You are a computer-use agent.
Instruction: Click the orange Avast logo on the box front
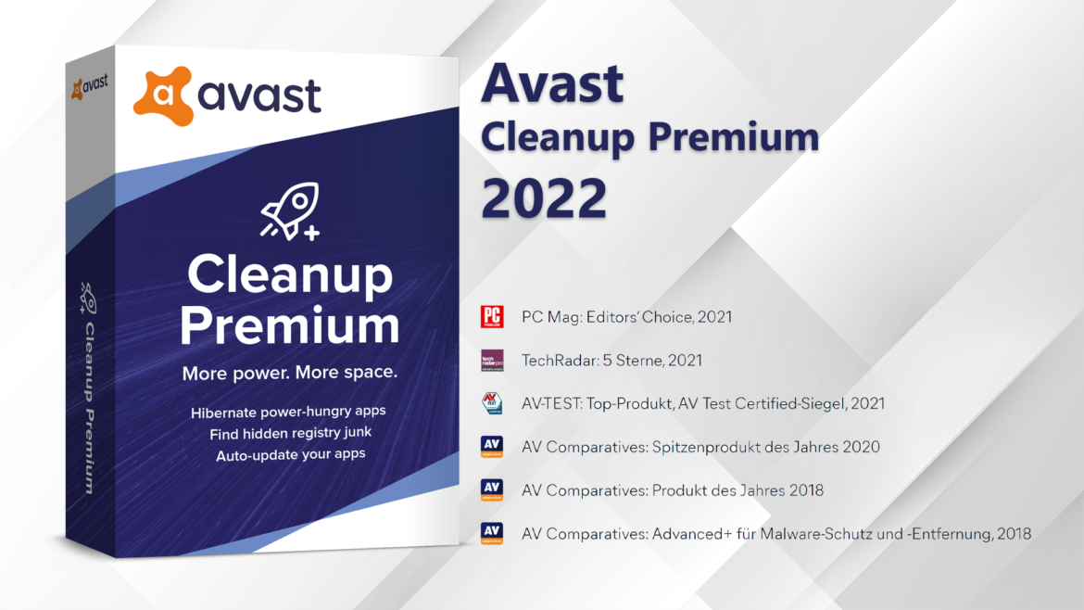coord(163,95)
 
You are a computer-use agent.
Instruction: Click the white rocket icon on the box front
coord(290,211)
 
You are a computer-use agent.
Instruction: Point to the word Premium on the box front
coord(290,325)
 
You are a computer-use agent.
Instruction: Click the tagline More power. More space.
coord(290,373)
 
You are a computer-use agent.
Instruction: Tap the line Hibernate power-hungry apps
coord(288,412)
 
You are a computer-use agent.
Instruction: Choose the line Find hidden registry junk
coord(290,433)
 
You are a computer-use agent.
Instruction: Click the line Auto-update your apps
coord(290,455)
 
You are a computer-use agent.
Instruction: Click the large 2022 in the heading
coord(544,198)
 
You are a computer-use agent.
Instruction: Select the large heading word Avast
coord(552,83)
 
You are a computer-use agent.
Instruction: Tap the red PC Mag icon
coord(492,317)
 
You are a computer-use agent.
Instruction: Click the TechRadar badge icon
coord(492,361)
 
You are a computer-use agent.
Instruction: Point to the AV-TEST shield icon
coord(492,403)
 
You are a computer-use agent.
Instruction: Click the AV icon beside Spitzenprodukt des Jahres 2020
coord(492,447)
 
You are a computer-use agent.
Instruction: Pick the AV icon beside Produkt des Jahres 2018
coord(492,490)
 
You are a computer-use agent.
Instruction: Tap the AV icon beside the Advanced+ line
coord(492,533)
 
